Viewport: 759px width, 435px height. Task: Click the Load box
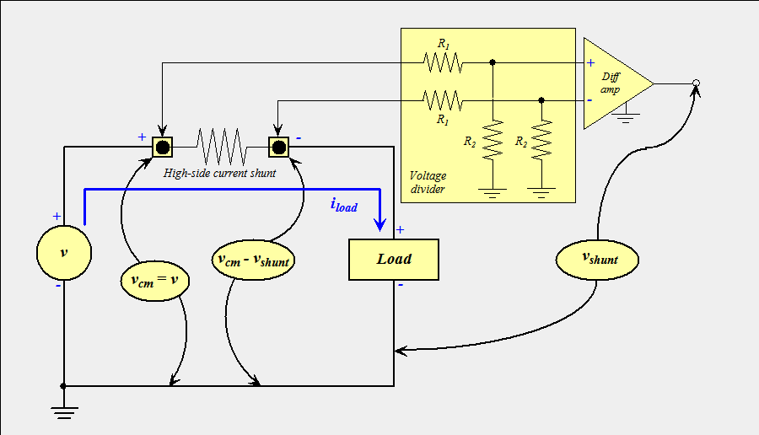point(394,259)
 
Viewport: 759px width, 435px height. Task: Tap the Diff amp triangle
point(613,83)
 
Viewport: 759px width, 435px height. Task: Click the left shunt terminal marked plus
point(162,148)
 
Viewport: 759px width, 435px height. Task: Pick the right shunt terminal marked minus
point(278,148)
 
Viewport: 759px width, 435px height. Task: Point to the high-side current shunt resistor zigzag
point(220,148)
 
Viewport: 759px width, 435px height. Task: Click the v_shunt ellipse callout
point(597,259)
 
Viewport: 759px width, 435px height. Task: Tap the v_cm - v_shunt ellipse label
point(252,260)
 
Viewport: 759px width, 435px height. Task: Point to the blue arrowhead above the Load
point(380,224)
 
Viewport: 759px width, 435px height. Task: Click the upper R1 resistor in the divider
point(443,62)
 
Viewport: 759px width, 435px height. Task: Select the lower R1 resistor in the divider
point(443,100)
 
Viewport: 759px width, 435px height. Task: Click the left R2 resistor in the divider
point(493,142)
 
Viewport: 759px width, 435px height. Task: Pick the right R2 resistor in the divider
point(541,142)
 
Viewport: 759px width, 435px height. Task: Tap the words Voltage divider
point(429,182)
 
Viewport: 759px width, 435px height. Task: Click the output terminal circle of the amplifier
point(696,83)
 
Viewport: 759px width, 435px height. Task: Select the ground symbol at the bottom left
point(64,411)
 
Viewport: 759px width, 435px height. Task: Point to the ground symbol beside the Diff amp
point(625,116)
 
